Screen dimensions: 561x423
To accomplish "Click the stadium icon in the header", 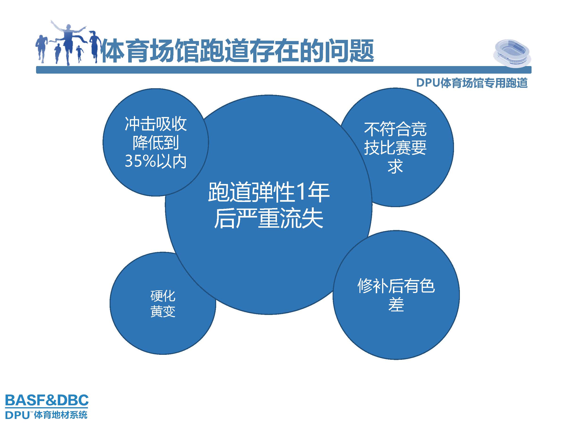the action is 511,53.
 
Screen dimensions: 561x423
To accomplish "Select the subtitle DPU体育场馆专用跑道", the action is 472,83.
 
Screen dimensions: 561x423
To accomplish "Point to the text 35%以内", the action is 156,161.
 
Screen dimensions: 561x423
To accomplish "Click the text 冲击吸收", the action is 156,124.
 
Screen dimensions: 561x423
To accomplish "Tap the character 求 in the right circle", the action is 395,167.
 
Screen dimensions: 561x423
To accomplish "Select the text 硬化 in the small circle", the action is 163,296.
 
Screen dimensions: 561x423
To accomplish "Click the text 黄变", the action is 163,311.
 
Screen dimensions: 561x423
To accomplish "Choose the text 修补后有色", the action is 396,286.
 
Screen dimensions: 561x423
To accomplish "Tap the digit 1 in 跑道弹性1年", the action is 301,192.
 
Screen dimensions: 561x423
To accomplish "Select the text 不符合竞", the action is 395,129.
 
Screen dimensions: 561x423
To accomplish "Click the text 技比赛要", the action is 395,148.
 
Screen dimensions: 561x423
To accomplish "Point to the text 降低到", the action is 156,143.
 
